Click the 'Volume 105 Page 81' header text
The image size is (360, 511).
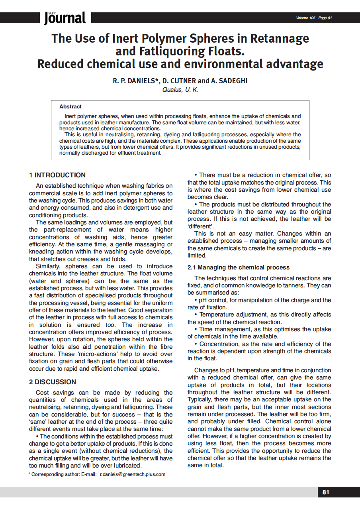pos(314,18)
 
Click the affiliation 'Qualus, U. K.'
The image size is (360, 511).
pos(180,90)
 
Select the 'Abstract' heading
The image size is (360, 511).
pos(70,107)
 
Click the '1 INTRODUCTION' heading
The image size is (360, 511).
pos(57,175)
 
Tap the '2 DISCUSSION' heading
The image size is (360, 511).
pos(53,382)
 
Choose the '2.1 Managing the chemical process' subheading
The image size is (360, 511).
pos(239,267)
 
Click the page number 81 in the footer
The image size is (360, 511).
pos(326,492)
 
